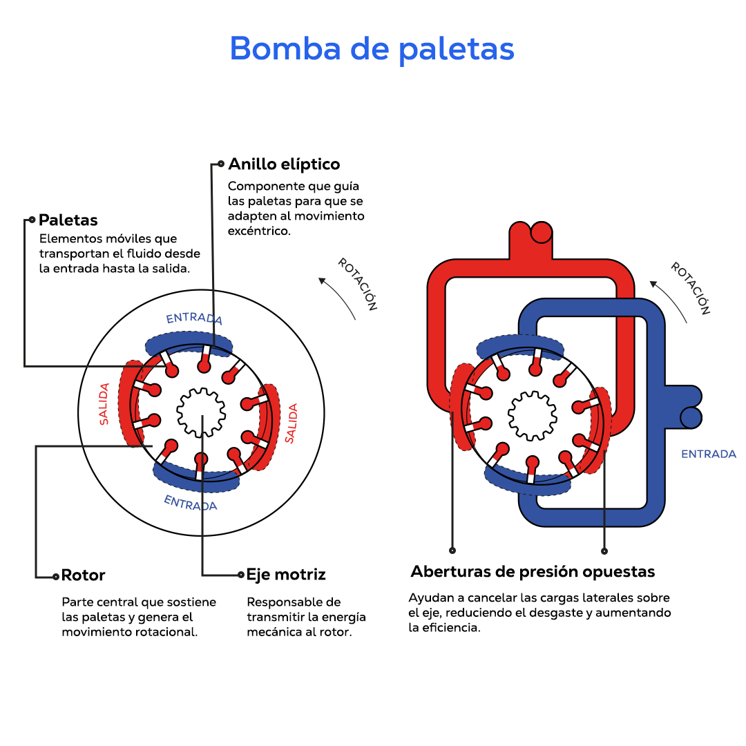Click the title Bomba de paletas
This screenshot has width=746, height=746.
click(x=372, y=49)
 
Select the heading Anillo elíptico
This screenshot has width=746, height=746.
click(x=284, y=164)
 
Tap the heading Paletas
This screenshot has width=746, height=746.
click(x=68, y=220)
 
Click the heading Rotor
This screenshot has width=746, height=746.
click(x=83, y=575)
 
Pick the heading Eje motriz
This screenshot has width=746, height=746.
click(x=286, y=575)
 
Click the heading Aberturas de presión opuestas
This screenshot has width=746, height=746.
click(x=533, y=572)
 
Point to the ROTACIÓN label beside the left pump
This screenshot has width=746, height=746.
click(x=357, y=284)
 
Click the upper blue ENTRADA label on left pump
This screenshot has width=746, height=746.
click(x=194, y=318)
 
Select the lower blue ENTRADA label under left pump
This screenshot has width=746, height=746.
click(x=191, y=503)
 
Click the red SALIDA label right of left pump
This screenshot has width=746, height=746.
click(x=291, y=423)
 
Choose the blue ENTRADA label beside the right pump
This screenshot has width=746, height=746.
click(x=709, y=455)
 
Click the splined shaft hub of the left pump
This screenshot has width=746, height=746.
click(x=201, y=412)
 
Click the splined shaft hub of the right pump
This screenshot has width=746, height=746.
click(x=532, y=416)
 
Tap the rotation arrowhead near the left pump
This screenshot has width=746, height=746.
click(x=322, y=280)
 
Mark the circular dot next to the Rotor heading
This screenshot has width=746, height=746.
click(x=55, y=576)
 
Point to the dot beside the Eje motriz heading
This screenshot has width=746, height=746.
click(x=240, y=575)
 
